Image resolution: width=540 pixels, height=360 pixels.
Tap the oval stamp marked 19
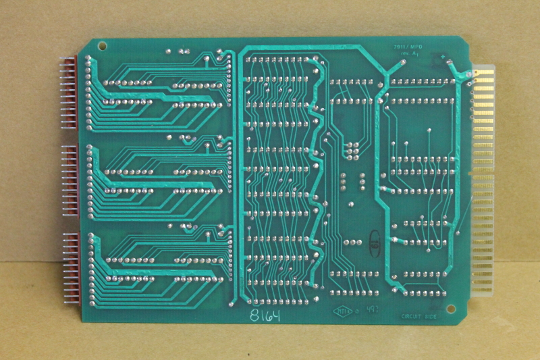click(x=373, y=243)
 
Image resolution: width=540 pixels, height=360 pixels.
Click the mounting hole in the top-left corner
click(x=103, y=47)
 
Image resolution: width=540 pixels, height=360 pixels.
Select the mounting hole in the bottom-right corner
click(x=451, y=309)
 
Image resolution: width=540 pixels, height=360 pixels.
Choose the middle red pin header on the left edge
click(x=70, y=180)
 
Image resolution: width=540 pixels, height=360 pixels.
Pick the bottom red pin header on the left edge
click(x=70, y=267)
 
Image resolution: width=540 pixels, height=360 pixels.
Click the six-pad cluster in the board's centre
click(x=352, y=149)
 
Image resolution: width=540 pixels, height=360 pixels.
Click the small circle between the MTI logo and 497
click(x=357, y=312)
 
